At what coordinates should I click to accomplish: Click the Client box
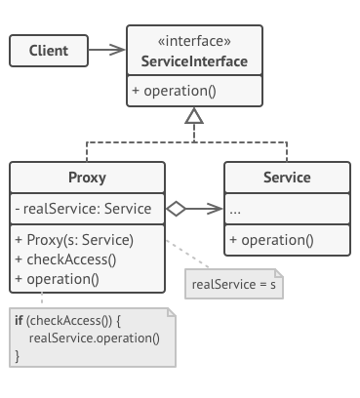pyautogui.click(x=48, y=49)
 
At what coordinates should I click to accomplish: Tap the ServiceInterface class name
pyautogui.click(x=195, y=62)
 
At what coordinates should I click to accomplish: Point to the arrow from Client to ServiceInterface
pyautogui.click(x=107, y=49)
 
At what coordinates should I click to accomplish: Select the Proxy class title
pyautogui.click(x=88, y=178)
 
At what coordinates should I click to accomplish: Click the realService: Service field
pyautogui.click(x=84, y=208)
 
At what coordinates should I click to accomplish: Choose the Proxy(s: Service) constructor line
pyautogui.click(x=74, y=239)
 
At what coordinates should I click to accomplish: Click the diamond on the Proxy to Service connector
pyautogui.click(x=176, y=208)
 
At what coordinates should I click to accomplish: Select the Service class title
pyautogui.click(x=287, y=178)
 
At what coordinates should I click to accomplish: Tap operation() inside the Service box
pyautogui.click(x=272, y=239)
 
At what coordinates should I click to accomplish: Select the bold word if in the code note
pyautogui.click(x=18, y=319)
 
